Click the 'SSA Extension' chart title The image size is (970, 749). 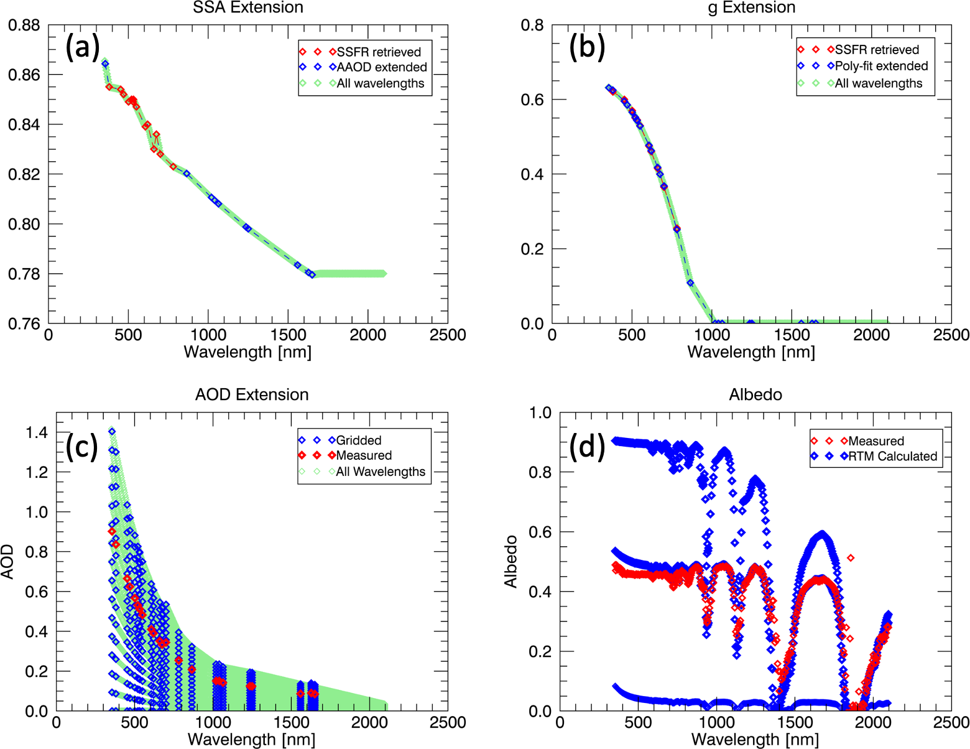[248, 7]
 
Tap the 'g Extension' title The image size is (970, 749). [751, 7]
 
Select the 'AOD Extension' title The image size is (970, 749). [252, 394]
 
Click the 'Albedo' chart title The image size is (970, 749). [755, 394]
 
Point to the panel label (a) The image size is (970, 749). [83, 47]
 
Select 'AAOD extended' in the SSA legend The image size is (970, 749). [381, 67]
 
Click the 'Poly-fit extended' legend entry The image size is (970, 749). [881, 66]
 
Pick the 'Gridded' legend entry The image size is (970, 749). [359, 440]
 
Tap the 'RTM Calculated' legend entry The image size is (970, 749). [892, 456]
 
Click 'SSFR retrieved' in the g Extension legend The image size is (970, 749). [877, 50]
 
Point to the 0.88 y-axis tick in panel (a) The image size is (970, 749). [24, 26]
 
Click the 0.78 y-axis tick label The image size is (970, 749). [24, 274]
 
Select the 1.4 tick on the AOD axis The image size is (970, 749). [36, 432]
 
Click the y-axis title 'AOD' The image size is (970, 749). [7, 562]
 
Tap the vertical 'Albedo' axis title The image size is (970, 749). [511, 561]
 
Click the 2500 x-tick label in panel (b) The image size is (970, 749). [951, 335]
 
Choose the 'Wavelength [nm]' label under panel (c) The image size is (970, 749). [251, 740]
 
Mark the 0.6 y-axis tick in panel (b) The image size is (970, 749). [532, 100]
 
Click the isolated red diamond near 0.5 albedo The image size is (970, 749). [851, 558]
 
